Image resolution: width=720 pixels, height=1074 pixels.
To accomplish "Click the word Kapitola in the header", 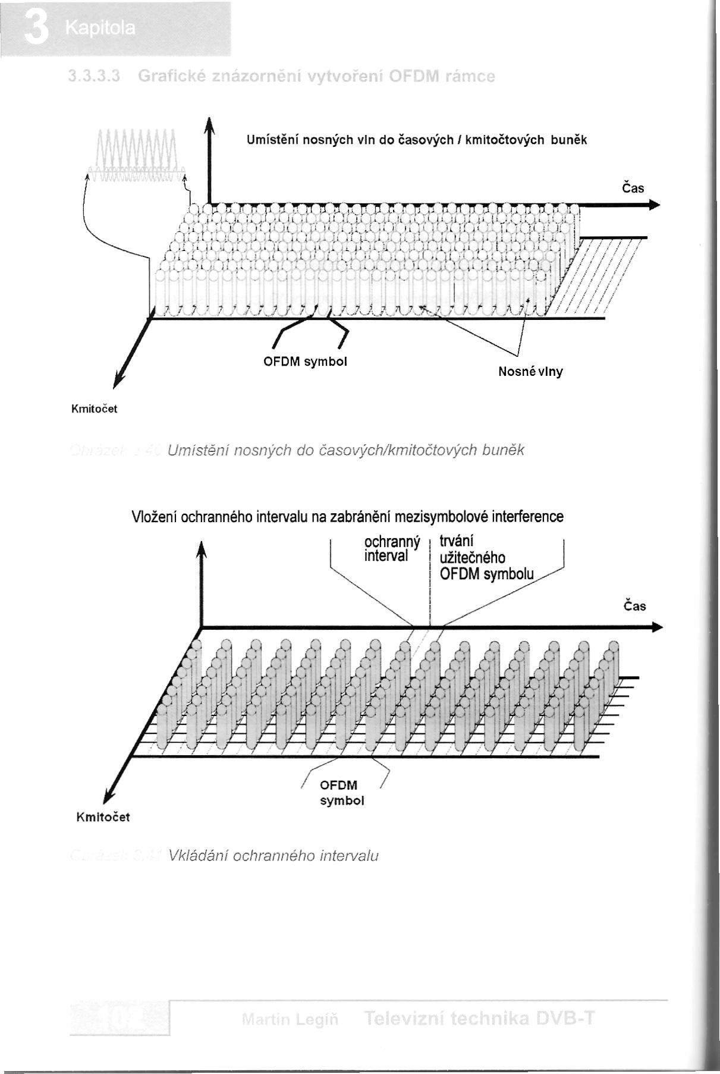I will (x=101, y=28).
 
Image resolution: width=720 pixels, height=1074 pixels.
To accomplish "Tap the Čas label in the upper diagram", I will (x=633, y=189).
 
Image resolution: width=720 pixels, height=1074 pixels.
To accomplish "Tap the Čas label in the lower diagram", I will (x=634, y=606).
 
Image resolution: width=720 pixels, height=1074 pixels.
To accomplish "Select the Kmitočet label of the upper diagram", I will (x=94, y=409).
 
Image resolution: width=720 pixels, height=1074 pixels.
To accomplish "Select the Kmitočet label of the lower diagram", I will (x=103, y=817).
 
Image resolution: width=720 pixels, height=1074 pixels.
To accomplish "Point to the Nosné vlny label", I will (x=530, y=372).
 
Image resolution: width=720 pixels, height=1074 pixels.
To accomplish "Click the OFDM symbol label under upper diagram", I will (x=305, y=362).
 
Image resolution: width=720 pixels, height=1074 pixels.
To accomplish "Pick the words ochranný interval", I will (x=392, y=549).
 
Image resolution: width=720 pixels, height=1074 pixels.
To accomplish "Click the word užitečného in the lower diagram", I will (x=472, y=558).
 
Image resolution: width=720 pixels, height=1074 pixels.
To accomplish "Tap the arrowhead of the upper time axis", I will (x=654, y=205).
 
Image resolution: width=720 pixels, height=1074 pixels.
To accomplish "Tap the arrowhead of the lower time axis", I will (x=656, y=627).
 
